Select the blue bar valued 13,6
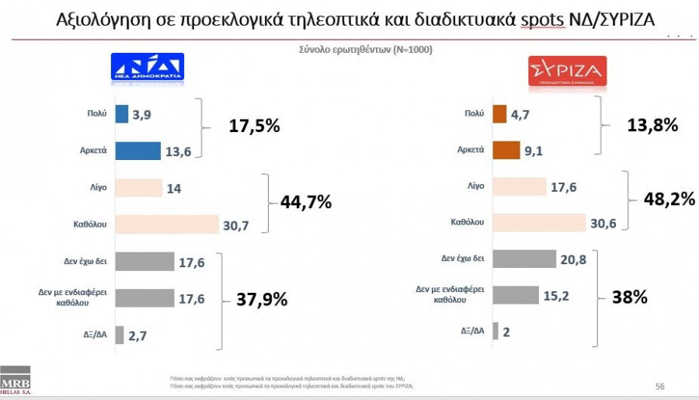[x=137, y=151]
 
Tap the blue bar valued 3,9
[x=121, y=113]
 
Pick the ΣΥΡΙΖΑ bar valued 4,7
[x=499, y=113]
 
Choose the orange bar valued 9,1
[x=506, y=150]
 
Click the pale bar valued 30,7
[x=166, y=224]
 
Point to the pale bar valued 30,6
[x=538, y=222]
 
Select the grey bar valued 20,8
[x=524, y=259]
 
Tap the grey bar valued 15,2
[x=516, y=295]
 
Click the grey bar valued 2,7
[x=120, y=335]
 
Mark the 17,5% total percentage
[x=254, y=126]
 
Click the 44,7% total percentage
[x=305, y=203]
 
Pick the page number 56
[x=659, y=386]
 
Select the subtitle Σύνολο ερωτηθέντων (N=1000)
[x=365, y=49]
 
